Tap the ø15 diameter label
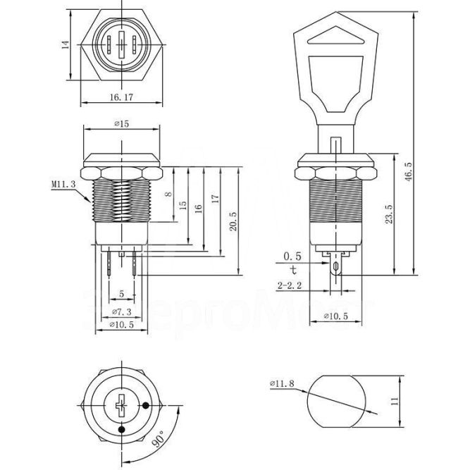click(120, 124)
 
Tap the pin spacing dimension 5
click(121, 293)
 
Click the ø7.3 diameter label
click(121, 311)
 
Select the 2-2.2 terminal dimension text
click(290, 285)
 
